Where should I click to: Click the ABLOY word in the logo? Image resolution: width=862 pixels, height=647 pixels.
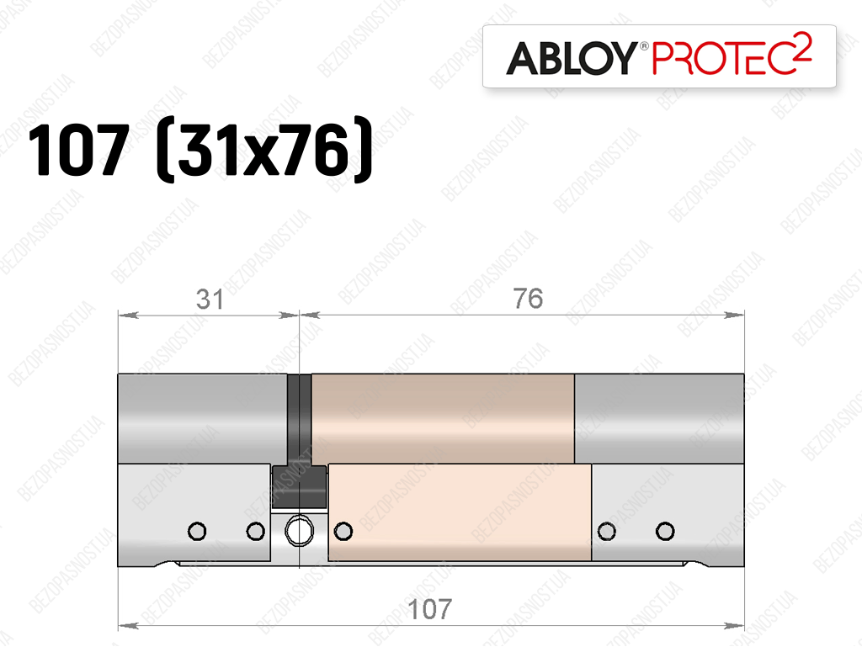(x=572, y=58)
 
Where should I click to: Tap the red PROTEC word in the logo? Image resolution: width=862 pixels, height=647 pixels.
(x=723, y=58)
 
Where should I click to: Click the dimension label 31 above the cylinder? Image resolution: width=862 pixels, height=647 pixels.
(x=210, y=300)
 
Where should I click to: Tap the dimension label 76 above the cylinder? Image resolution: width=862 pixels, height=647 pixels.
(x=528, y=299)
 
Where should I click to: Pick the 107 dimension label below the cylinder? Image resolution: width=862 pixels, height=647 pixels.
(x=430, y=609)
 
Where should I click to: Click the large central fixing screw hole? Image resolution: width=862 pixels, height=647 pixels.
(x=299, y=531)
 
